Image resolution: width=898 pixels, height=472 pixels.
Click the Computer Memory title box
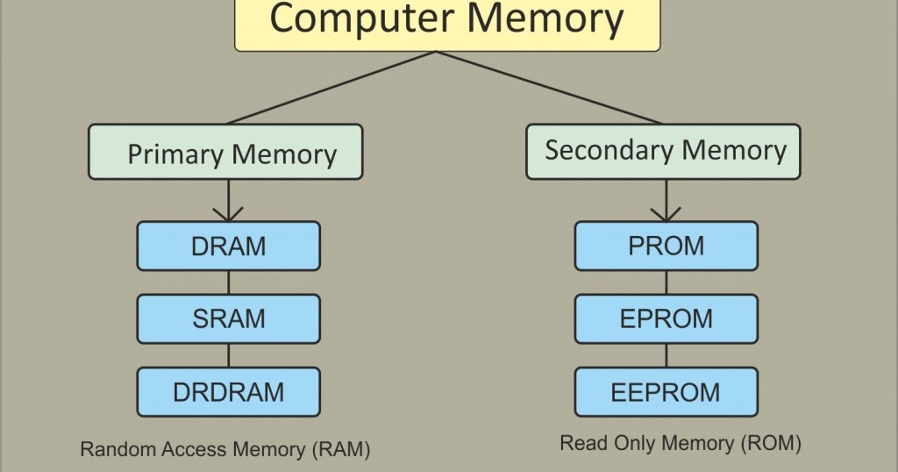pyautogui.click(x=447, y=23)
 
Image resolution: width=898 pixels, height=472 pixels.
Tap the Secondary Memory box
pyautogui.click(x=664, y=151)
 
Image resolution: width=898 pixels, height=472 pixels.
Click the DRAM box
pyautogui.click(x=228, y=246)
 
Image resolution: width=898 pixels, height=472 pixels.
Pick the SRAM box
pyautogui.click(x=228, y=318)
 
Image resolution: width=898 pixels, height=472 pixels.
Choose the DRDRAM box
pyautogui.click(x=228, y=391)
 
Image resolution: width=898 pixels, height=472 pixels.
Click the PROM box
pyautogui.click(x=666, y=246)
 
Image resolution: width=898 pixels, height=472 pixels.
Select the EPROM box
pyautogui.click(x=666, y=318)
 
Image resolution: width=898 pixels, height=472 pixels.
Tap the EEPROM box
pyautogui.click(x=666, y=391)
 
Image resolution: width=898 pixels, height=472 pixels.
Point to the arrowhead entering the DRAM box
pyautogui.click(x=228, y=214)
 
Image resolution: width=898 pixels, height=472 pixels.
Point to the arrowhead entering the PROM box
pyautogui.click(x=666, y=214)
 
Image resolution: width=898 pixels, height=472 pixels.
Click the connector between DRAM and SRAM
pyautogui.click(x=228, y=282)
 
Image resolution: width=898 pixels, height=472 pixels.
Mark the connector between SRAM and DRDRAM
pyautogui.click(x=228, y=354)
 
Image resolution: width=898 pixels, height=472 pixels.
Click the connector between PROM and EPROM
pyautogui.click(x=666, y=282)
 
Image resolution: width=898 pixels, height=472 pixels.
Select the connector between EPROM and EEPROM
pyautogui.click(x=666, y=354)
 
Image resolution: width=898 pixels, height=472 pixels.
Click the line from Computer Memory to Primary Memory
pyautogui.click(x=331, y=88)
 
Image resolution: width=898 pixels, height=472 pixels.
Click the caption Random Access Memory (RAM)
pyautogui.click(x=225, y=450)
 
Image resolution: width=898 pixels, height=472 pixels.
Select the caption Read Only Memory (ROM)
pyautogui.click(x=681, y=444)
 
